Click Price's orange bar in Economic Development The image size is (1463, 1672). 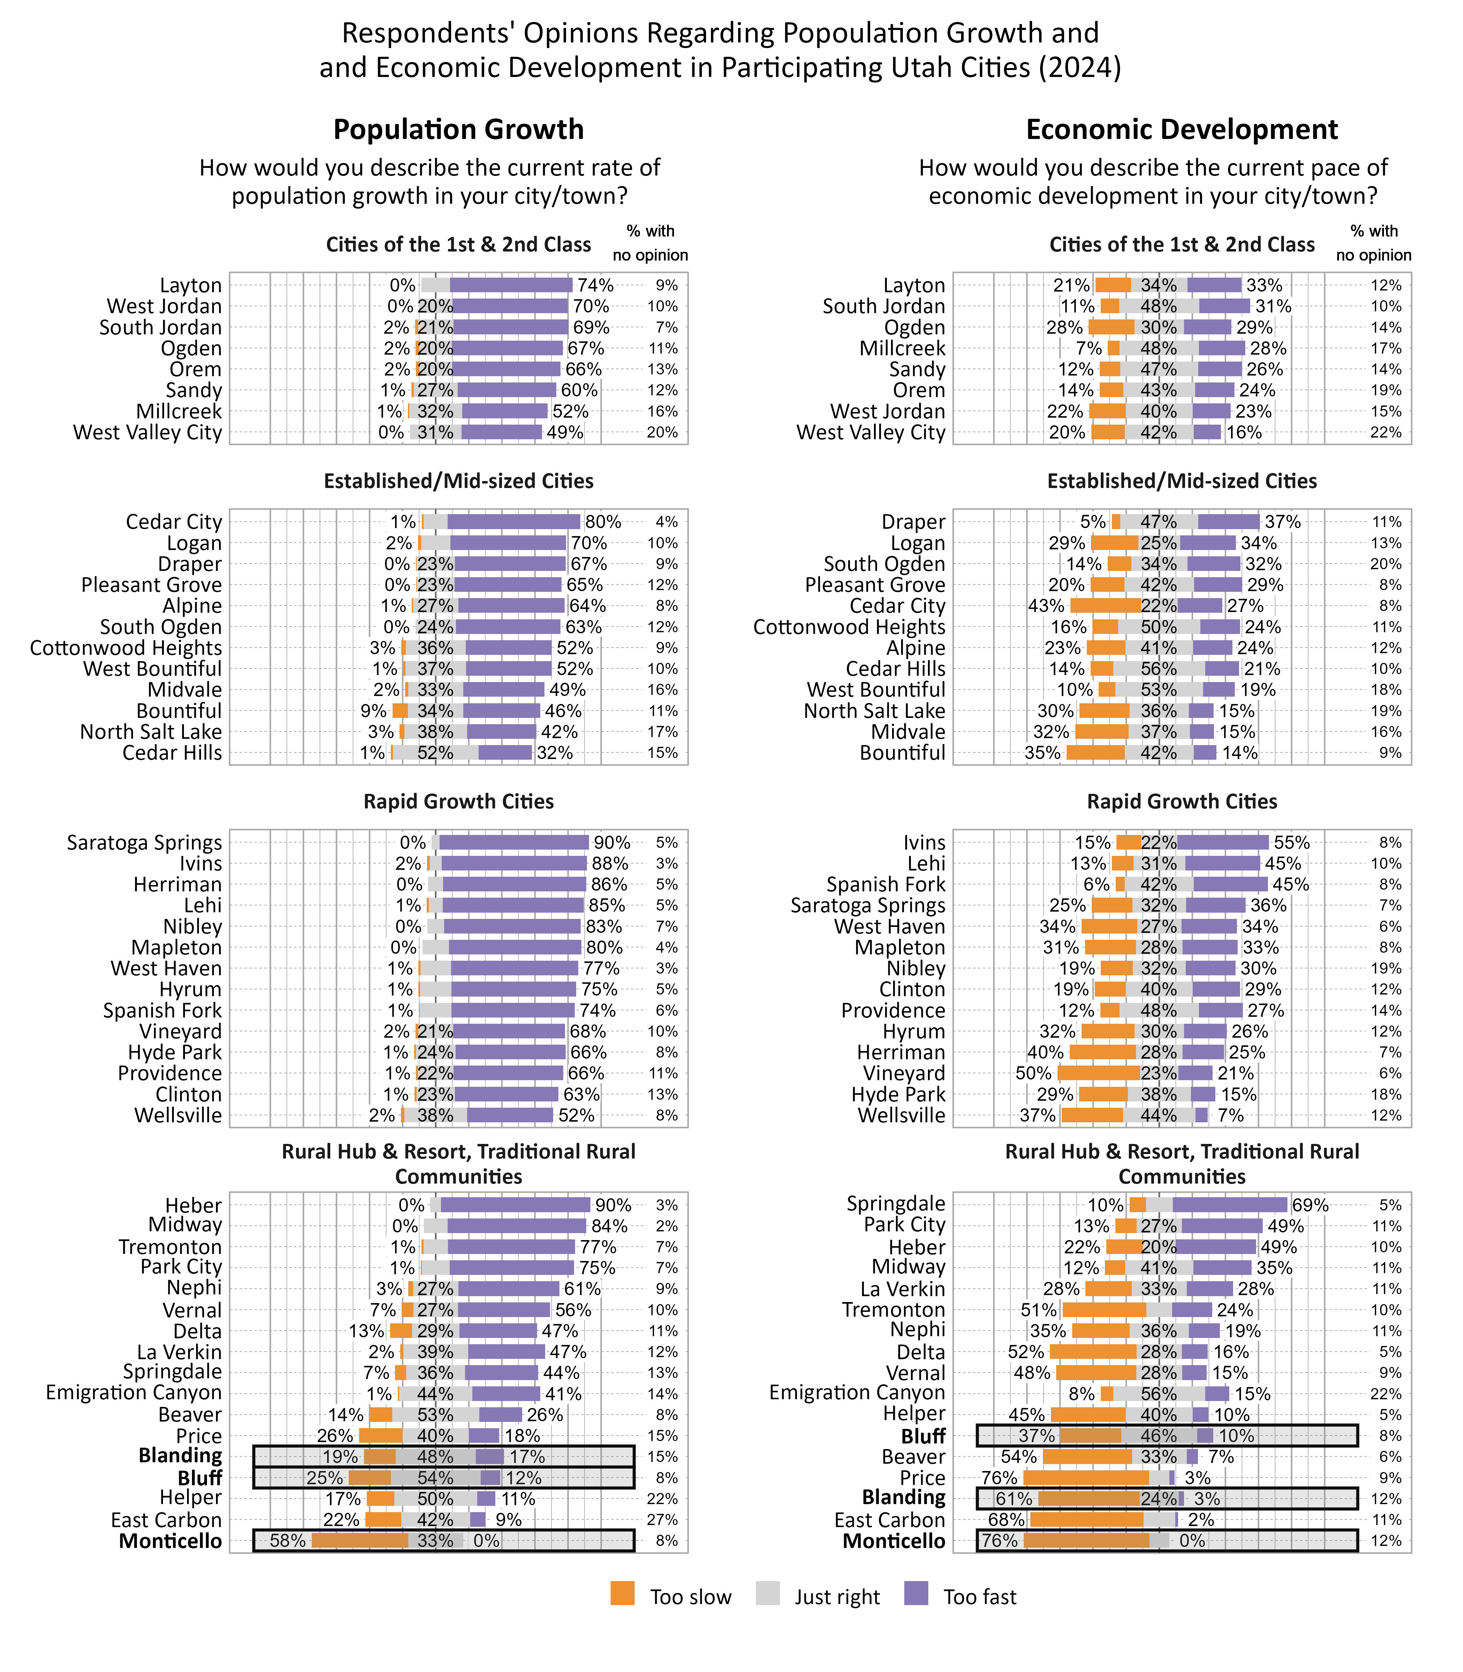tap(1086, 1478)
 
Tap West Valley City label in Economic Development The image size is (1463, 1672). tap(870, 433)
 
